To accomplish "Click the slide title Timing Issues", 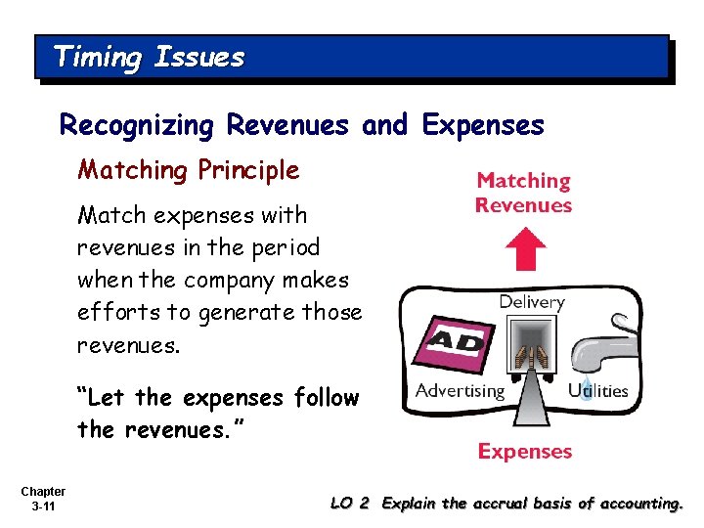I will pyautogui.click(x=149, y=57).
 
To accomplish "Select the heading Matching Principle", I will pyautogui.click(x=189, y=170).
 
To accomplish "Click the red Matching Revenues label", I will pyautogui.click(x=523, y=193).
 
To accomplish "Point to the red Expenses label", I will pyautogui.click(x=524, y=452).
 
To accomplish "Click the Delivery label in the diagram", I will pyautogui.click(x=531, y=302).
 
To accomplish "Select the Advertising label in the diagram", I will pyautogui.click(x=460, y=391).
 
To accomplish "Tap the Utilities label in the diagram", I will pyautogui.click(x=598, y=391).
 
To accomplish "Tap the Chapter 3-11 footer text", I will pyautogui.click(x=42, y=499).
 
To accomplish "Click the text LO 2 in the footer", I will pyautogui.click(x=350, y=504).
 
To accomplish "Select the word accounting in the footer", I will pyautogui.click(x=640, y=504).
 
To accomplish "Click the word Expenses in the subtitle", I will pyautogui.click(x=483, y=125).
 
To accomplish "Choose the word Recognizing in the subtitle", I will pyautogui.click(x=138, y=125).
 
